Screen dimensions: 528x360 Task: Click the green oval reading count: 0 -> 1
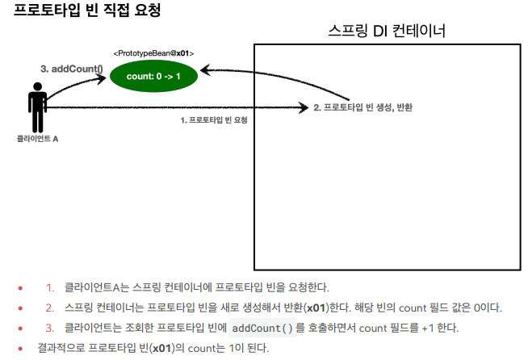pos(153,76)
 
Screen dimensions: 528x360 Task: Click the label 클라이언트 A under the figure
pos(37,139)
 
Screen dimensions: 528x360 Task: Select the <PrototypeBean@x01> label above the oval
pos(153,53)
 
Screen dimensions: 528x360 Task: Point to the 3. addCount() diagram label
pos(72,69)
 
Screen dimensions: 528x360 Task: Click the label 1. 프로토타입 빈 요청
pos(213,119)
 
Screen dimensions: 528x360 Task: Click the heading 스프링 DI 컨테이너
pos(388,31)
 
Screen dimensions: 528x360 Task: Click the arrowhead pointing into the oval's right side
pos(205,71)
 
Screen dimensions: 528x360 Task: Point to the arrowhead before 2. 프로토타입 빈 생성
pos(304,107)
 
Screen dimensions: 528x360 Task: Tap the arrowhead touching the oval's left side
pos(102,78)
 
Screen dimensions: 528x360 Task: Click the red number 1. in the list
pos(49,287)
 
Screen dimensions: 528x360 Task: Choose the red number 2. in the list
pos(49,308)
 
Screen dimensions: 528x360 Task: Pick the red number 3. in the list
pos(49,328)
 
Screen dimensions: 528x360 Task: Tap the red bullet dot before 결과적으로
pos(20,348)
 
